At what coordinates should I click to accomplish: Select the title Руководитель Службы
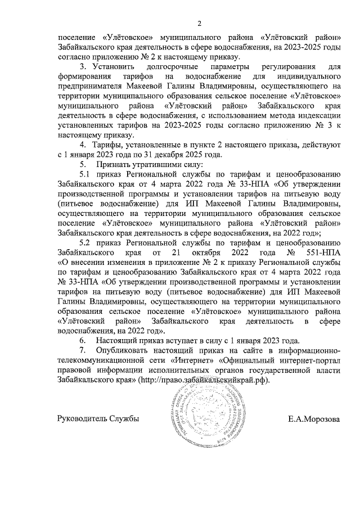click(98, 419)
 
